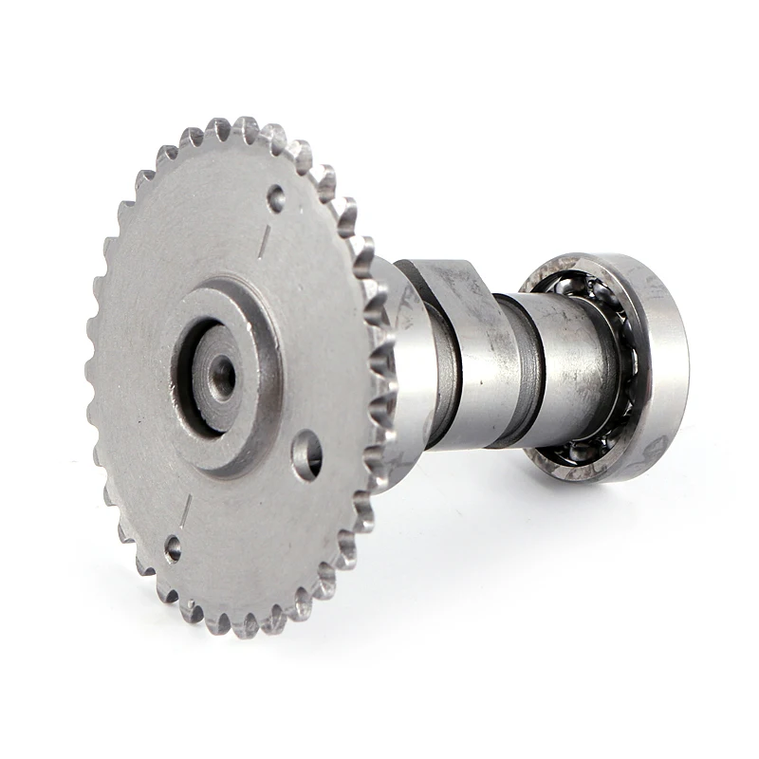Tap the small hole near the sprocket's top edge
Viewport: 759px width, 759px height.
click(276, 198)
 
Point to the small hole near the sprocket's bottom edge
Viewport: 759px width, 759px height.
click(173, 547)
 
